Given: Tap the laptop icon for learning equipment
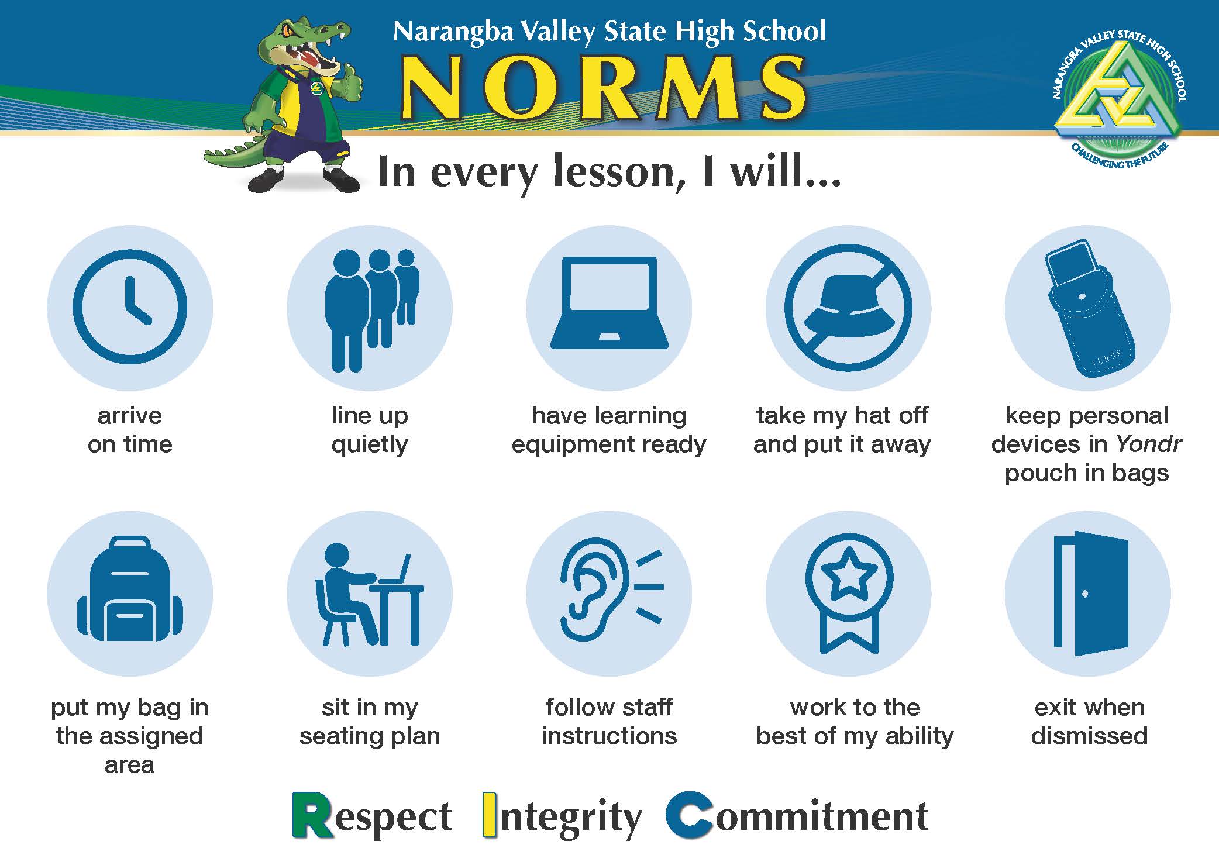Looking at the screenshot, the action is (609, 303).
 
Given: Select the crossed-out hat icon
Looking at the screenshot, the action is (848, 308).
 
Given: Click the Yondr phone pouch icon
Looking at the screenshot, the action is (1090, 308).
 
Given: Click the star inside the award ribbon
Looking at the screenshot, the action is (849, 575).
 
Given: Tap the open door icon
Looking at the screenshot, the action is (1091, 594).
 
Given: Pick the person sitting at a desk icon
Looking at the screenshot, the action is (369, 595).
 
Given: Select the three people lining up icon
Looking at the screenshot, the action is (372, 311).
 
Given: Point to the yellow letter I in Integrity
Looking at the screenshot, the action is (490, 815).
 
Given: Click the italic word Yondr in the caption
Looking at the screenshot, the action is (1149, 444).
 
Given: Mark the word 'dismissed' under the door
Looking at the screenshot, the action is (1089, 735).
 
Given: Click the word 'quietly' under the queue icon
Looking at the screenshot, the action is (370, 445).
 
